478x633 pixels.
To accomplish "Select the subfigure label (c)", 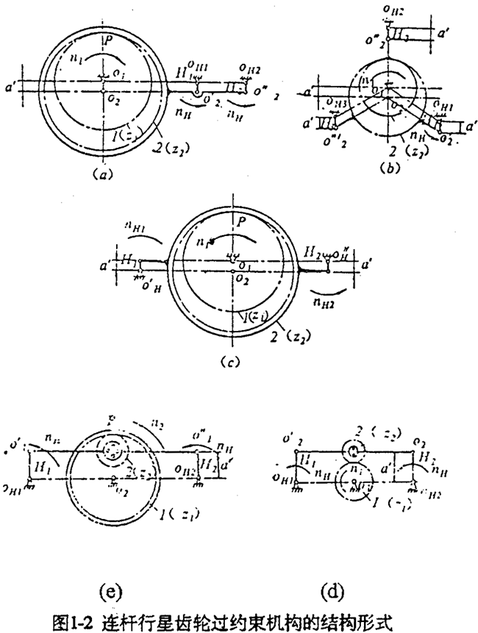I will pyautogui.click(x=233, y=362).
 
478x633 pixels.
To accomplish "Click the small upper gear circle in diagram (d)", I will pyautogui.click(x=355, y=451).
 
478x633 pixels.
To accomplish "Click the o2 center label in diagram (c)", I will pyautogui.click(x=240, y=279).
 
